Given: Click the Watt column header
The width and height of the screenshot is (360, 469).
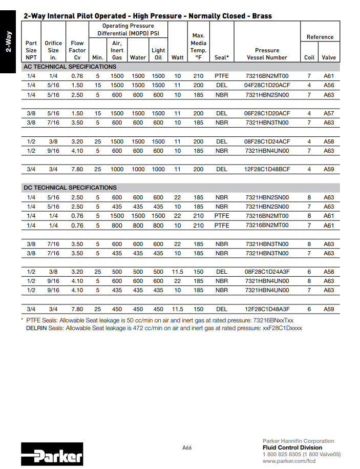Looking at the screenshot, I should coord(177,57).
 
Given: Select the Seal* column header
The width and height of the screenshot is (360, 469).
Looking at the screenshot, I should coord(221,57).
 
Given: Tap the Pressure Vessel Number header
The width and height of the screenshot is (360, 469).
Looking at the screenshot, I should coord(267,54).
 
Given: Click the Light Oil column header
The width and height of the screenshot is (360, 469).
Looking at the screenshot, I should coord(158,54).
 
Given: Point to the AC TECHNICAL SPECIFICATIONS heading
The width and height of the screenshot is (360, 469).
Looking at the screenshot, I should coord(70,67).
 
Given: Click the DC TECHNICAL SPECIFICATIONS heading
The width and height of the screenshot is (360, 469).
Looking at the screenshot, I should coord(70,188).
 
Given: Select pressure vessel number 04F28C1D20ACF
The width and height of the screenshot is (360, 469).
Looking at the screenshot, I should coord(267,85).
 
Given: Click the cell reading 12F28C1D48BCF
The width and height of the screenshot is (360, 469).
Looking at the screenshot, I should coord(267,169).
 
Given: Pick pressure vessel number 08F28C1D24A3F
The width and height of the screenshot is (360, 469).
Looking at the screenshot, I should coord(267,272).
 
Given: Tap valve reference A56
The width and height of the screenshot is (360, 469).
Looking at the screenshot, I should coord(329,85).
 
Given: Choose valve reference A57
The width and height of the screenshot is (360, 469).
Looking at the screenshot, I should coord(329,113).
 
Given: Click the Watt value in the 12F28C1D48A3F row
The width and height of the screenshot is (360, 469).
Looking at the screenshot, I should coord(177,309).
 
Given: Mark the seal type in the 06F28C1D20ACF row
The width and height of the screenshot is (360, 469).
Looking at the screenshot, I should coord(221,113).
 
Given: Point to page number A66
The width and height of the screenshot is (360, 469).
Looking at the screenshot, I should coord(187,447).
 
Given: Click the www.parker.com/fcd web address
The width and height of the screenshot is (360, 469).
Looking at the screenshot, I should coord(289,461).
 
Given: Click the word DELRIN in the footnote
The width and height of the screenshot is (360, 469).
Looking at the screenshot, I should coord(37,328).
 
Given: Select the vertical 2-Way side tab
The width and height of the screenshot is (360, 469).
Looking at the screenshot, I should coord(9,43).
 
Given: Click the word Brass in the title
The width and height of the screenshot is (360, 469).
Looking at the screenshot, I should coord(262,16).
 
